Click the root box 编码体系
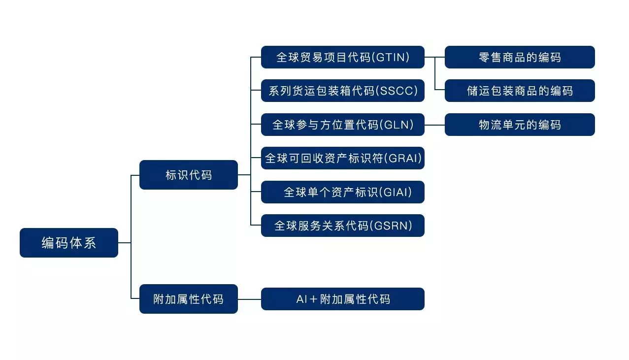pyautogui.click(x=69, y=243)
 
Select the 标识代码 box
pyautogui.click(x=189, y=175)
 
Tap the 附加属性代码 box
pyautogui.click(x=189, y=299)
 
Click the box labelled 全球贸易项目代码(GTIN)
pyautogui.click(x=342, y=57)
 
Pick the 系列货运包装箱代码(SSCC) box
pyautogui.click(x=342, y=91)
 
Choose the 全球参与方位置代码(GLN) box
pyautogui.click(x=342, y=125)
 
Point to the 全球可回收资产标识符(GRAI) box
pyautogui.click(x=342, y=158)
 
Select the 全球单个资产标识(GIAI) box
pyautogui.click(x=342, y=192)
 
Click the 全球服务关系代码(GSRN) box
pyautogui.click(x=342, y=226)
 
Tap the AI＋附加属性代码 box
pyautogui.click(x=342, y=299)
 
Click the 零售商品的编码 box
pyautogui.click(x=520, y=57)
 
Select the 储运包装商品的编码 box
pyautogui.click(x=520, y=91)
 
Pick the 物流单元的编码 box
pyautogui.click(x=520, y=125)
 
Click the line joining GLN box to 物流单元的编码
pyautogui.click(x=434, y=125)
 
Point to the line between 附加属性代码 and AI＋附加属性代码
pyautogui.click(x=249, y=299)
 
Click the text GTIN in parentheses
pyautogui.click(x=392, y=57)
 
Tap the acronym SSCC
pyautogui.click(x=399, y=91)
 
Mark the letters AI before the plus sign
pyautogui.click(x=301, y=299)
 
